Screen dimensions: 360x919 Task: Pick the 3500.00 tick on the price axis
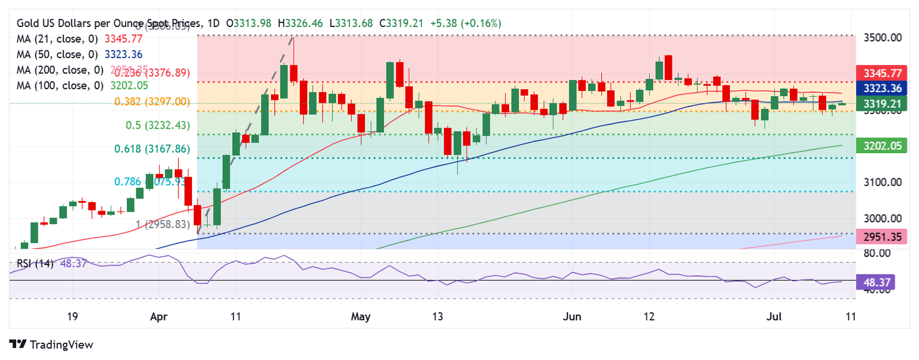click(x=880, y=38)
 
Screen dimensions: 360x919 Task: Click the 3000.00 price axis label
click(x=880, y=219)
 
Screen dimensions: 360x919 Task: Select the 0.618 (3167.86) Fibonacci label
click(x=151, y=150)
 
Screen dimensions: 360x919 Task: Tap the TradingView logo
click(x=51, y=344)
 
